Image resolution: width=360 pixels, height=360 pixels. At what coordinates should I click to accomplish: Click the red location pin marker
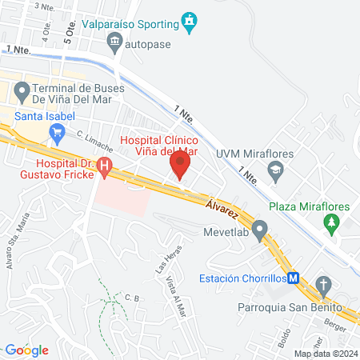(x=179, y=166)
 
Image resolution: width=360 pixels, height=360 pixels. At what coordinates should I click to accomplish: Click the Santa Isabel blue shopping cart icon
(x=57, y=136)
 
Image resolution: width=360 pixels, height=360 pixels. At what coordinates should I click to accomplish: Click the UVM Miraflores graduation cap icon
(x=275, y=170)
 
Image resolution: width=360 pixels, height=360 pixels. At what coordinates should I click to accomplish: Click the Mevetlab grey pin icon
(x=258, y=233)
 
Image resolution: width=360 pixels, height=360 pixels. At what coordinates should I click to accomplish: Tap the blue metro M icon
(x=294, y=278)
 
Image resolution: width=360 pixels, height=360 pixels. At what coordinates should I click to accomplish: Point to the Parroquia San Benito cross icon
(x=323, y=286)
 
